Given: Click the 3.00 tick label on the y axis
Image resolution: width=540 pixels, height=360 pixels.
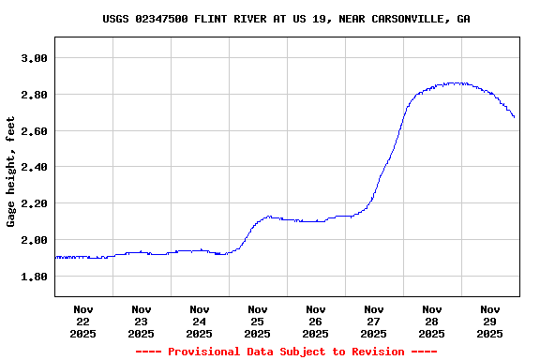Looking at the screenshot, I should [x=34, y=58].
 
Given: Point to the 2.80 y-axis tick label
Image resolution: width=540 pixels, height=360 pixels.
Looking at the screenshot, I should [x=34, y=95].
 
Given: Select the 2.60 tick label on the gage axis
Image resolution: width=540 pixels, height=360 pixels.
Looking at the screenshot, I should [x=34, y=131].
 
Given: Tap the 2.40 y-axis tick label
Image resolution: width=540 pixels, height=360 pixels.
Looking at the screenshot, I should [x=34, y=167].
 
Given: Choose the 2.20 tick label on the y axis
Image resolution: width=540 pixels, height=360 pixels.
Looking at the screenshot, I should [x=34, y=203].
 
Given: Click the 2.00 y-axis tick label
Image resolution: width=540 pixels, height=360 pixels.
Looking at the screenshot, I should [x=34, y=240].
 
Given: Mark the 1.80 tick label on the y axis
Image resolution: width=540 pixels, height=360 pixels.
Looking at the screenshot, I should [x=34, y=277].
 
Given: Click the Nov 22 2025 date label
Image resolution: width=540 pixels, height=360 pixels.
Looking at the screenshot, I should [x=83, y=321].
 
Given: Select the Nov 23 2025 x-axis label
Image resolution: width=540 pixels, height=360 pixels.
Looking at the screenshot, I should [x=142, y=321].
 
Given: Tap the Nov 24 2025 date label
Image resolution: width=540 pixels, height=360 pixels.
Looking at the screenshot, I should [x=200, y=321].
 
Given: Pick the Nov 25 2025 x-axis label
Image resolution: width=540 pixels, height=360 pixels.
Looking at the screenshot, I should [x=258, y=321].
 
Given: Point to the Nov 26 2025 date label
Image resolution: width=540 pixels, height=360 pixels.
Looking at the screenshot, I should [x=316, y=321].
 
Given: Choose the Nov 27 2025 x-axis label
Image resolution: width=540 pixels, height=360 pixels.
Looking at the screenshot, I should [x=374, y=321].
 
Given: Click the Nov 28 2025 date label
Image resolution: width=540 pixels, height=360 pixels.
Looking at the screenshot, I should [x=432, y=321].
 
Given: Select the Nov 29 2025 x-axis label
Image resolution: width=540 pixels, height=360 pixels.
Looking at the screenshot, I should [x=490, y=321].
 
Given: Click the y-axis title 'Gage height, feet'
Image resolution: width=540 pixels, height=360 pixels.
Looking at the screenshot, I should [x=11, y=172].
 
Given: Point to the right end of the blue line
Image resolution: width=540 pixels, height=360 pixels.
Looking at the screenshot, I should [x=515, y=117].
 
